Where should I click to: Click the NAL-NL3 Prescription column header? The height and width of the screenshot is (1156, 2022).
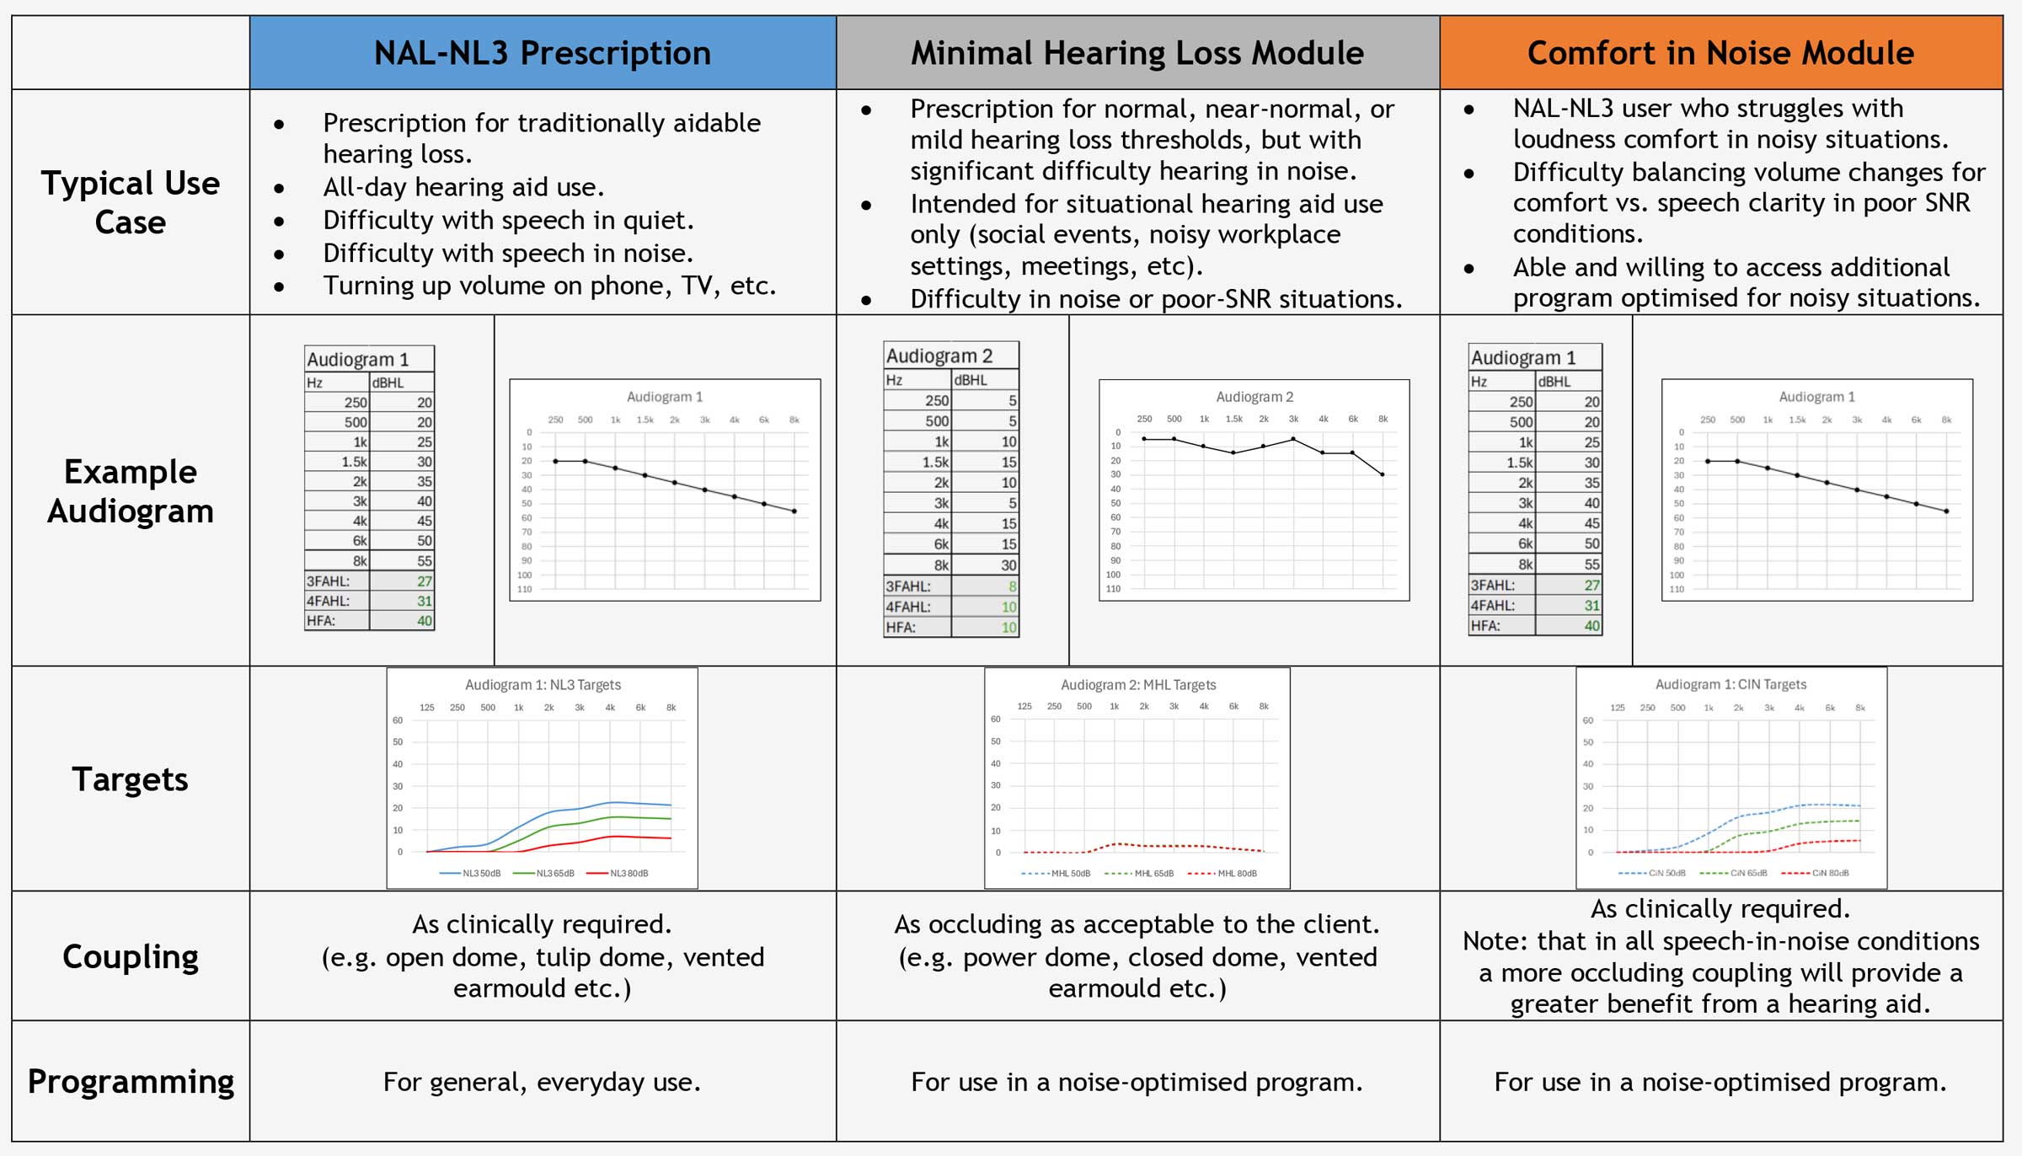point(543,53)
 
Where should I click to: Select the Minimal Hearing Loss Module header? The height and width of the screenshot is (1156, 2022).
point(1137,53)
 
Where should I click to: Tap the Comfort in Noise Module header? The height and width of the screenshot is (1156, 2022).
point(1720,53)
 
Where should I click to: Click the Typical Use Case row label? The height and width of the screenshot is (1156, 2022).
point(131,203)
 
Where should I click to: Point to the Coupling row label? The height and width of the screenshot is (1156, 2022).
point(131,957)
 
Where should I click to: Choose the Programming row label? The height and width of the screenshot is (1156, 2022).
point(131,1082)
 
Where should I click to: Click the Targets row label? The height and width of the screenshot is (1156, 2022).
point(131,779)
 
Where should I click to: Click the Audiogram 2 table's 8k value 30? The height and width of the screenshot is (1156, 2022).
point(1008,565)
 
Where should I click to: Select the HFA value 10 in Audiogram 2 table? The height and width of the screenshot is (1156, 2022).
point(1008,628)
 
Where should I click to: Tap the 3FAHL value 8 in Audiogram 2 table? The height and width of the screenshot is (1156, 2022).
point(1012,586)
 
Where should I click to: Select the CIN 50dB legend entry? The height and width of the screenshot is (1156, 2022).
point(1652,873)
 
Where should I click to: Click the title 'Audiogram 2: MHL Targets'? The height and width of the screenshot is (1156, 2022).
point(1138,685)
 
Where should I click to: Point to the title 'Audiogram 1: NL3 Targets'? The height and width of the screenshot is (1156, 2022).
point(543,685)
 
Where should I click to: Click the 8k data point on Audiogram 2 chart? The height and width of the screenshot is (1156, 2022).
point(1383,475)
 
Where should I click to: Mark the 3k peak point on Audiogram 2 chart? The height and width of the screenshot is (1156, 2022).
point(1293,439)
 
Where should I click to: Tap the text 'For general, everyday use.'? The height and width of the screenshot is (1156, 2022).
point(542,1082)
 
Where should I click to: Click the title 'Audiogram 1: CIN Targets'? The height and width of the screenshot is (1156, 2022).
point(1730,684)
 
